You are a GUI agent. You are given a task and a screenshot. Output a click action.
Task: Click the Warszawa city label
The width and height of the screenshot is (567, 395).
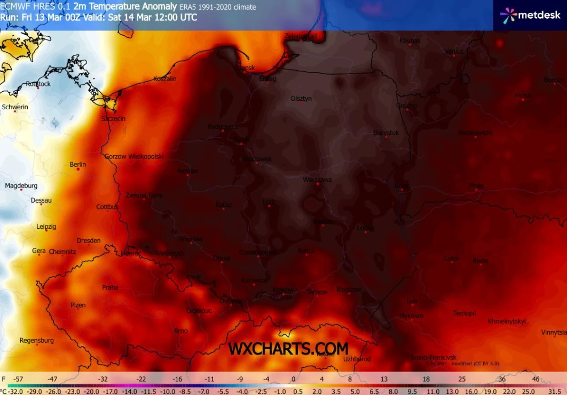click(x=317, y=180)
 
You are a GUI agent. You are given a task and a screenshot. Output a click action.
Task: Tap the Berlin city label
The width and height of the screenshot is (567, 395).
click(x=78, y=164)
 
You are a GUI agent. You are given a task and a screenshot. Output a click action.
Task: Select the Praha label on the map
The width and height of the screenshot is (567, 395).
click(x=110, y=287)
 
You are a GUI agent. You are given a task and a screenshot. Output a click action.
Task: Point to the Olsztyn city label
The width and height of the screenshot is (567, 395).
click(x=301, y=99)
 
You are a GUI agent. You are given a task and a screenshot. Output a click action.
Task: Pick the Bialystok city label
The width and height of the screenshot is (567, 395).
click(x=387, y=133)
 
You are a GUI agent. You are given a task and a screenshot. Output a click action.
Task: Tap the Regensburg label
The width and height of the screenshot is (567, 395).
click(x=37, y=340)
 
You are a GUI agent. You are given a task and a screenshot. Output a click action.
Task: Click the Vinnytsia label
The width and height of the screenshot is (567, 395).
click(x=553, y=332)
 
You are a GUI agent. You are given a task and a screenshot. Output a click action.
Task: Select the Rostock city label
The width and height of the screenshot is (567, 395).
click(x=38, y=84)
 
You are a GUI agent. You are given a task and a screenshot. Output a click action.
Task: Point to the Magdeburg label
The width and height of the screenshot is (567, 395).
click(x=21, y=186)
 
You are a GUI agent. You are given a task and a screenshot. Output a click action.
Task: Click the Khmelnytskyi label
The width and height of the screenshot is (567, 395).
click(x=507, y=321)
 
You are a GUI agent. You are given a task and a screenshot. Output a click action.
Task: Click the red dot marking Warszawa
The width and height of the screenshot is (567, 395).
click(x=317, y=185)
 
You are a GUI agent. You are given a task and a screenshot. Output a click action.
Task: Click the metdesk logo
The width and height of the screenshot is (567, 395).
click(x=530, y=15)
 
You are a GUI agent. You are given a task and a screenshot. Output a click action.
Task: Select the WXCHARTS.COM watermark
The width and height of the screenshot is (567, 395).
click(x=288, y=349)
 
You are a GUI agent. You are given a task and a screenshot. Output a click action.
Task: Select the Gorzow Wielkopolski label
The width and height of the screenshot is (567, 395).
click(x=133, y=156)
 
